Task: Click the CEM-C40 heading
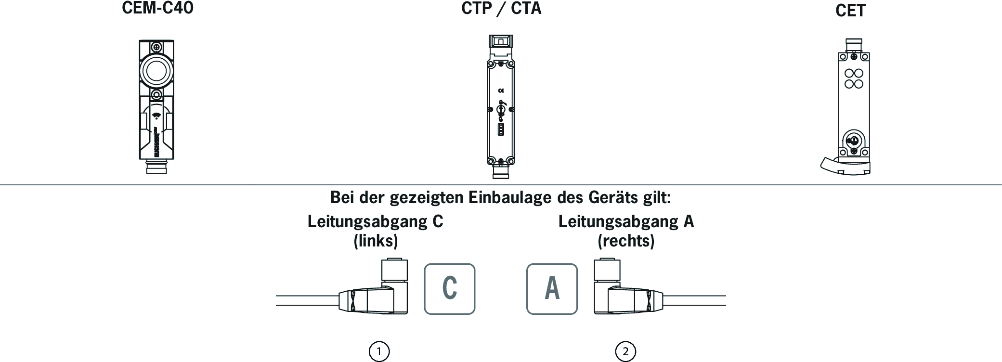pos(157,9)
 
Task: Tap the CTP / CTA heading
pos(501,9)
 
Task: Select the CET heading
pos(850,11)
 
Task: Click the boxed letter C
pos(449,289)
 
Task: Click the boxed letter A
pos(552,289)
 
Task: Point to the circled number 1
pos(379,351)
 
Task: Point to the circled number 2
pos(625,351)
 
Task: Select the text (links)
pos(376,241)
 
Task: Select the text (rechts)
pos(626,241)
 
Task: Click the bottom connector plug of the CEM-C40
pos(156,167)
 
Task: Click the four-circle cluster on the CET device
pos(854,79)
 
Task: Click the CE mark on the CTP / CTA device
pos(501,90)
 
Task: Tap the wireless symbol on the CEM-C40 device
pos(156,116)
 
